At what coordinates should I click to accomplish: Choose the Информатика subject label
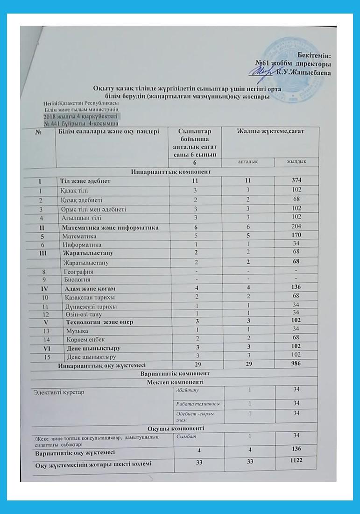point(82,244)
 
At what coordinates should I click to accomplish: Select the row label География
point(78,271)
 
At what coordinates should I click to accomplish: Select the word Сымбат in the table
point(186,436)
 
